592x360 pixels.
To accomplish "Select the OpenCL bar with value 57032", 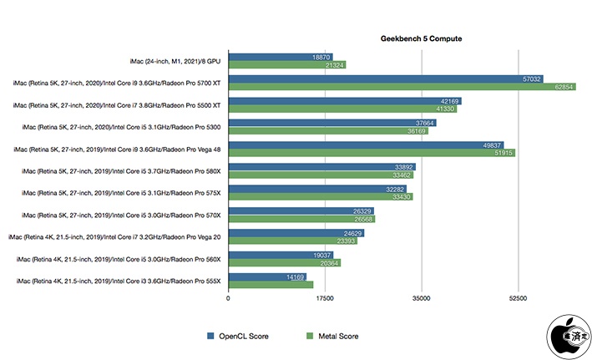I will click(x=384, y=79).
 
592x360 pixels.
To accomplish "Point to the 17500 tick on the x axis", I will click(x=325, y=297).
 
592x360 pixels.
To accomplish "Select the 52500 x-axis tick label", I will click(x=519, y=297).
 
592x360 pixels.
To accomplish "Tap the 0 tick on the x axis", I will click(x=228, y=297).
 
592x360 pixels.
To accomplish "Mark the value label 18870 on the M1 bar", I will click(x=321, y=57).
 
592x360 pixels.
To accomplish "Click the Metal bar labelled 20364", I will click(x=284, y=262).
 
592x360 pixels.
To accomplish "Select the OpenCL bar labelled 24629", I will click(x=296, y=231).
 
